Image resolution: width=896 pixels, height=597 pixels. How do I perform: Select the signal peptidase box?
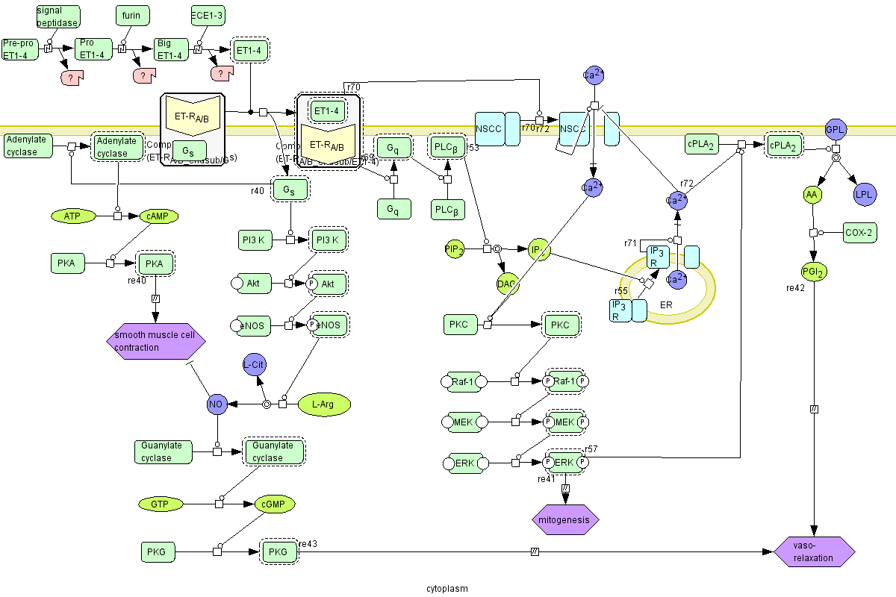coord(57,16)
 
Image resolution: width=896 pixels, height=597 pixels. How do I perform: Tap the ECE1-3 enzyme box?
coord(207,15)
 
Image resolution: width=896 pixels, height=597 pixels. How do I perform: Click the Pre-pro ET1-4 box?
coord(19,49)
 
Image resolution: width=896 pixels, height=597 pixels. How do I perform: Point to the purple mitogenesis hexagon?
coord(565,519)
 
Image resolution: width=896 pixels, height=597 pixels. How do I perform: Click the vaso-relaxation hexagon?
coord(814,552)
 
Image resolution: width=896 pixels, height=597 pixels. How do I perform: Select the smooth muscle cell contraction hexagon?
coord(155,341)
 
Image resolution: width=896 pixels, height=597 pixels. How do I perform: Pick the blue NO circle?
coord(217,404)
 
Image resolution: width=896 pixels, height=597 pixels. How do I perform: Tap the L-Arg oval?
coord(323,404)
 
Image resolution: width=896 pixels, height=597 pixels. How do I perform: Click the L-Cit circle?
coord(255,363)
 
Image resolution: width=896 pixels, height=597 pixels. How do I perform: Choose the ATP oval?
coord(72,216)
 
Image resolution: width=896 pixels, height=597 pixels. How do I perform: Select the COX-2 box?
coord(859,232)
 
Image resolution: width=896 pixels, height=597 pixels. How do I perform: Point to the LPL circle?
coord(865,195)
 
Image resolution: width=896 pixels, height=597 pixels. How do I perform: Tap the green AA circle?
coord(812,195)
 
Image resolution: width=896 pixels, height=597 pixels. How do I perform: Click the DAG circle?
coord(507,284)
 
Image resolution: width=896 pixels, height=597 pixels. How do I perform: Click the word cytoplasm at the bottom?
coord(447,588)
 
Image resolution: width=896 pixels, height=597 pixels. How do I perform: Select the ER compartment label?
coord(667,305)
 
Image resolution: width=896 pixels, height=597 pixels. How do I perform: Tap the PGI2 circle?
coord(812,272)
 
